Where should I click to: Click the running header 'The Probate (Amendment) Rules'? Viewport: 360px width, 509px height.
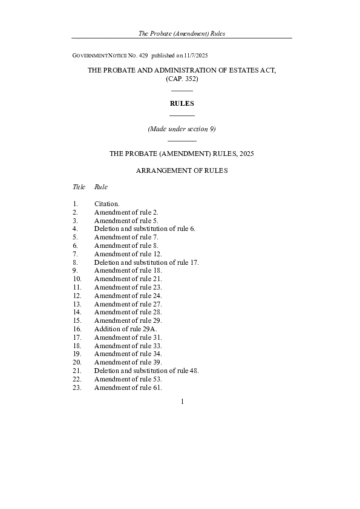182,33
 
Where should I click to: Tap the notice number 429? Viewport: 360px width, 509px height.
143,55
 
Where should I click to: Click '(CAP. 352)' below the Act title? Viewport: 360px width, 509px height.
182,79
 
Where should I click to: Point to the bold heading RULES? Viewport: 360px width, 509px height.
182,104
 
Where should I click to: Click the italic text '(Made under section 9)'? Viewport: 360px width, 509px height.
182,129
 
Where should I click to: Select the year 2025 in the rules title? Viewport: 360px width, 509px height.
246,154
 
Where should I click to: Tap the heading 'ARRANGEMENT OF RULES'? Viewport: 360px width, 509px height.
182,170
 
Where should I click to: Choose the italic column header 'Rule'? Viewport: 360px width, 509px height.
101,187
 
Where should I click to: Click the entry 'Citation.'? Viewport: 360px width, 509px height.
107,204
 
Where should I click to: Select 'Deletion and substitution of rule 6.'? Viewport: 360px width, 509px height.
145,229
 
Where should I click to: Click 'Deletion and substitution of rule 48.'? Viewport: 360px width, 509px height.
146,371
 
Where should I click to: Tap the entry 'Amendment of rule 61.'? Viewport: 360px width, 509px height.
128,387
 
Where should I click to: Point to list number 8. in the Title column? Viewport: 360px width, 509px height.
76,262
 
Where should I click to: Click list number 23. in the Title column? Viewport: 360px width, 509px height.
77,387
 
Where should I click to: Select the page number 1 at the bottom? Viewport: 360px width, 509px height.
182,401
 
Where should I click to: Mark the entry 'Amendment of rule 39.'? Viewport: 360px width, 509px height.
128,362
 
